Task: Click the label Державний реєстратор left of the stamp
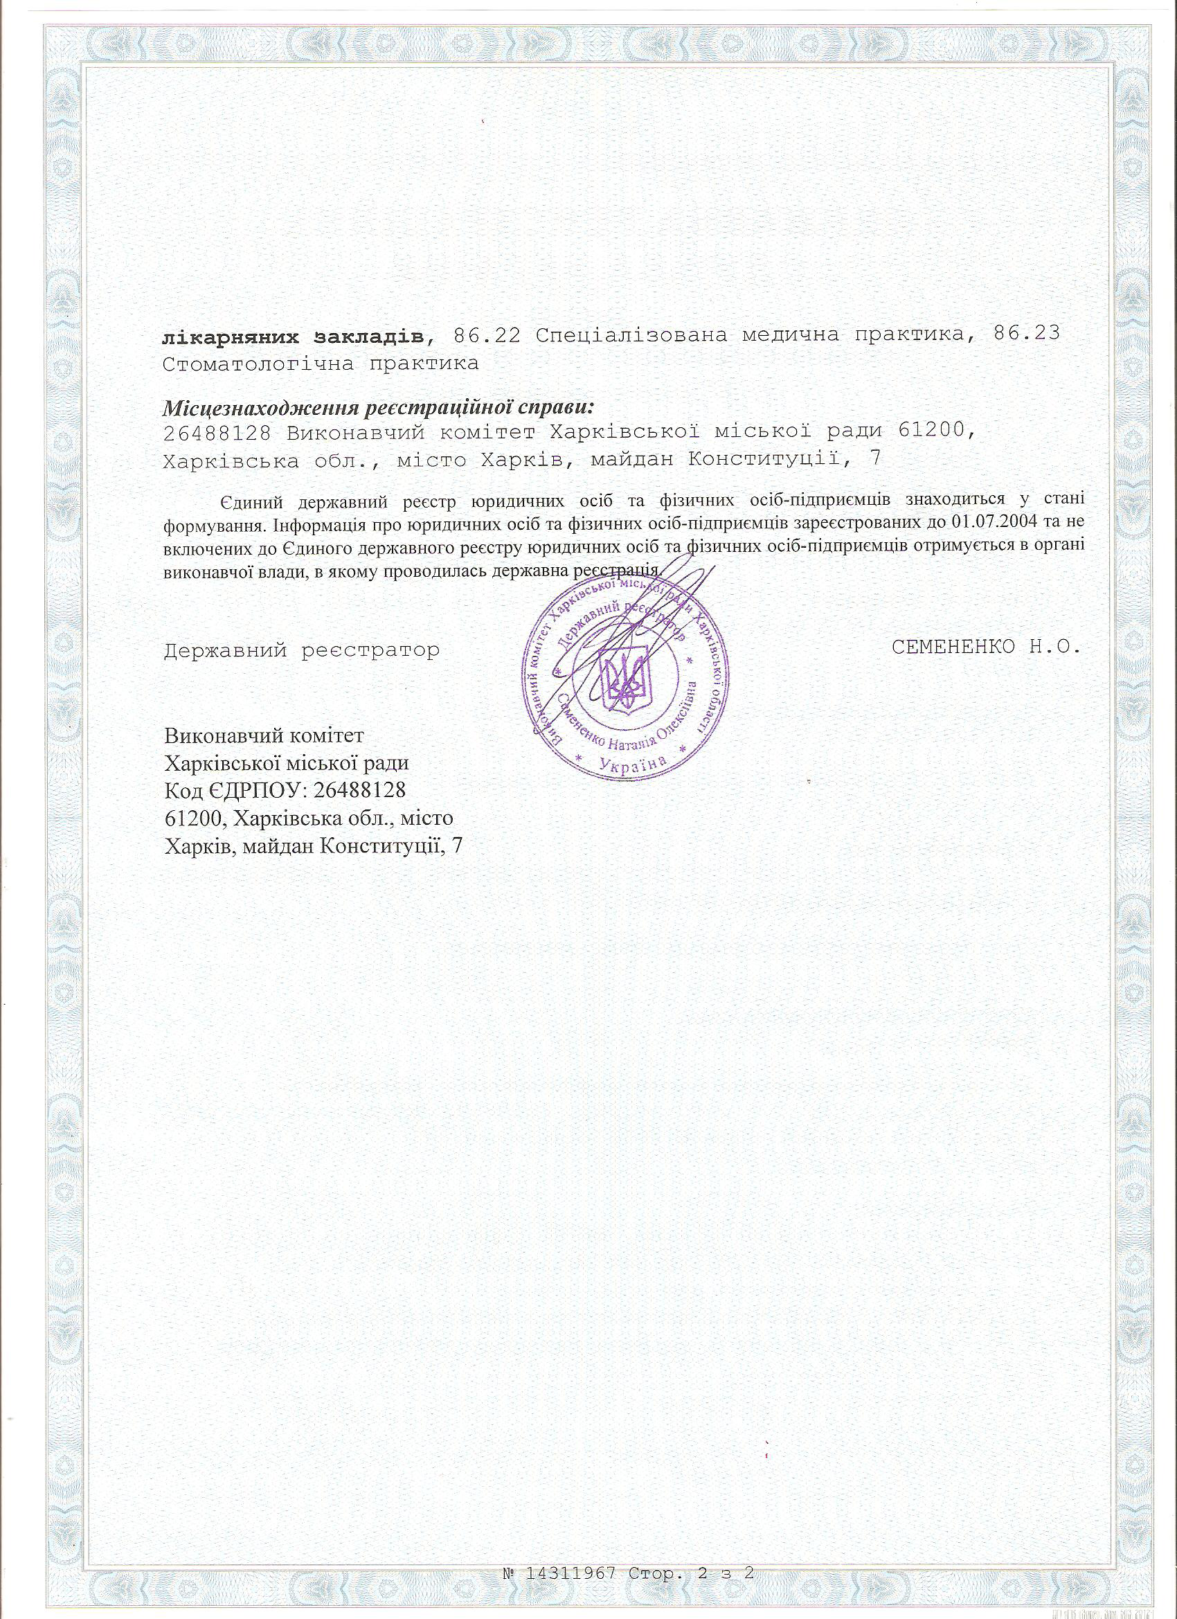tap(301, 650)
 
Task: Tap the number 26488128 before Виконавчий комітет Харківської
tap(215, 432)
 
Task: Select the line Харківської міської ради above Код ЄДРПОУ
tap(287, 763)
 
